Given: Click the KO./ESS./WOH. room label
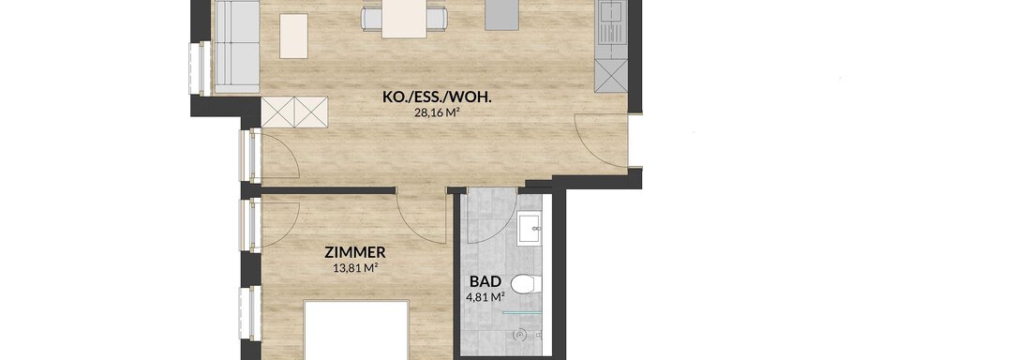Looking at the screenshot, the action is click(438, 98).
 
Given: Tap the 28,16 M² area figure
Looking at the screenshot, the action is click(435, 112).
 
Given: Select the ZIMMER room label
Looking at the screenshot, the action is click(355, 252).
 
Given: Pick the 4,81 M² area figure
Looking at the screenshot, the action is click(486, 296).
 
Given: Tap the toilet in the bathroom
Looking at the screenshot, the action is click(527, 284).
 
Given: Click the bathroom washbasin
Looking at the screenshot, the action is click(530, 229).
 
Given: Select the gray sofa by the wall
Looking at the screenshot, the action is click(237, 46).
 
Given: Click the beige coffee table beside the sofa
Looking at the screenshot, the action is click(294, 37).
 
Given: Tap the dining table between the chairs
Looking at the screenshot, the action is click(404, 19).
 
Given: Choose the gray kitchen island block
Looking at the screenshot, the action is click(501, 15).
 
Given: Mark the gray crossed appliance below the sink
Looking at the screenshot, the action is click(611, 75).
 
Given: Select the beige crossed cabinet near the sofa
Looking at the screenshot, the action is click(294, 112).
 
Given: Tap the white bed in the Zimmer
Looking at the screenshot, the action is click(357, 330).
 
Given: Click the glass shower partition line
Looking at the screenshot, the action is click(523, 313).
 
